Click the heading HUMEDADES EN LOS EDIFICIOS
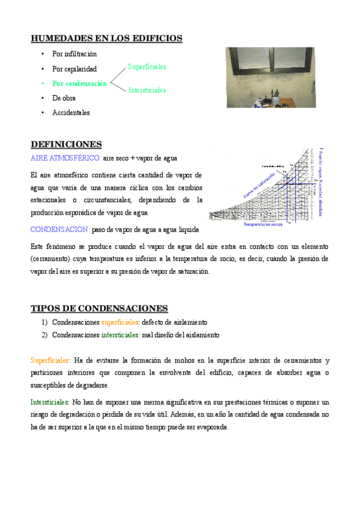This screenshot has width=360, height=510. coord(106,38)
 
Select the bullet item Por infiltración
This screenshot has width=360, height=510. coord(75,54)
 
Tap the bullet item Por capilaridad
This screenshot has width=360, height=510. coord(75,69)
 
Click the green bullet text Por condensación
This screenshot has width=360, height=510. coord(79,84)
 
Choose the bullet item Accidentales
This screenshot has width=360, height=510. coord(71,112)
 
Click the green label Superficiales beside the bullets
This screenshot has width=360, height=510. coord(147,67)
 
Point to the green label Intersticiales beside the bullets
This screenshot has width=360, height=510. coord(147,90)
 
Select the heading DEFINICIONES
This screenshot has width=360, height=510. coord(66,144)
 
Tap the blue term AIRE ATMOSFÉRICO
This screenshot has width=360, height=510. coord(66,158)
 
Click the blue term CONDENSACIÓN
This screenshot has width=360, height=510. coord(60,229)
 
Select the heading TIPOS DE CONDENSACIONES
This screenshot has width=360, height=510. coord(99,309)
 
